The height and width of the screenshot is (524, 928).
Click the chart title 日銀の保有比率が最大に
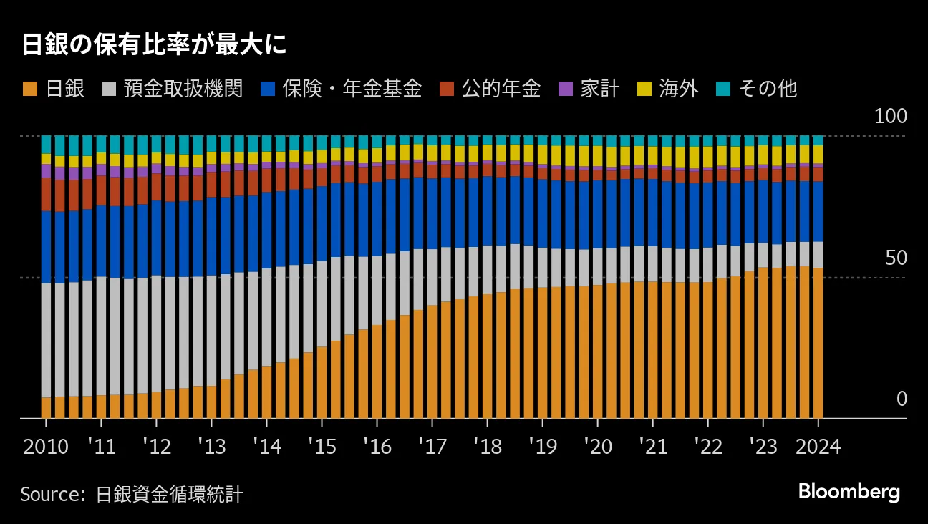154,44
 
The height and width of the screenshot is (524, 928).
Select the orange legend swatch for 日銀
29,89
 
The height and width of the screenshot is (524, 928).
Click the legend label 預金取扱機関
183,89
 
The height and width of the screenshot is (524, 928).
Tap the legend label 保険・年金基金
352,89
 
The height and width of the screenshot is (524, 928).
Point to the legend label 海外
678,89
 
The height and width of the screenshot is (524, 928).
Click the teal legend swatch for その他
723,89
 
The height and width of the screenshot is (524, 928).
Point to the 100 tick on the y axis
890,117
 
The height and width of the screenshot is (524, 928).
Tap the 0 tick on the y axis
902,399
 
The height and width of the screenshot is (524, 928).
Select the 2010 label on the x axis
46,447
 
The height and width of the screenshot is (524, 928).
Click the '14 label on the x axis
266,447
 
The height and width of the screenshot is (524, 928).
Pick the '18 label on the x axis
487,447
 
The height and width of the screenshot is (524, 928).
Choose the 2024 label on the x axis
818,447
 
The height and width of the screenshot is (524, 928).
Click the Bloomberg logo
849,493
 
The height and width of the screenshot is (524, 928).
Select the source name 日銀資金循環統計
169,495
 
